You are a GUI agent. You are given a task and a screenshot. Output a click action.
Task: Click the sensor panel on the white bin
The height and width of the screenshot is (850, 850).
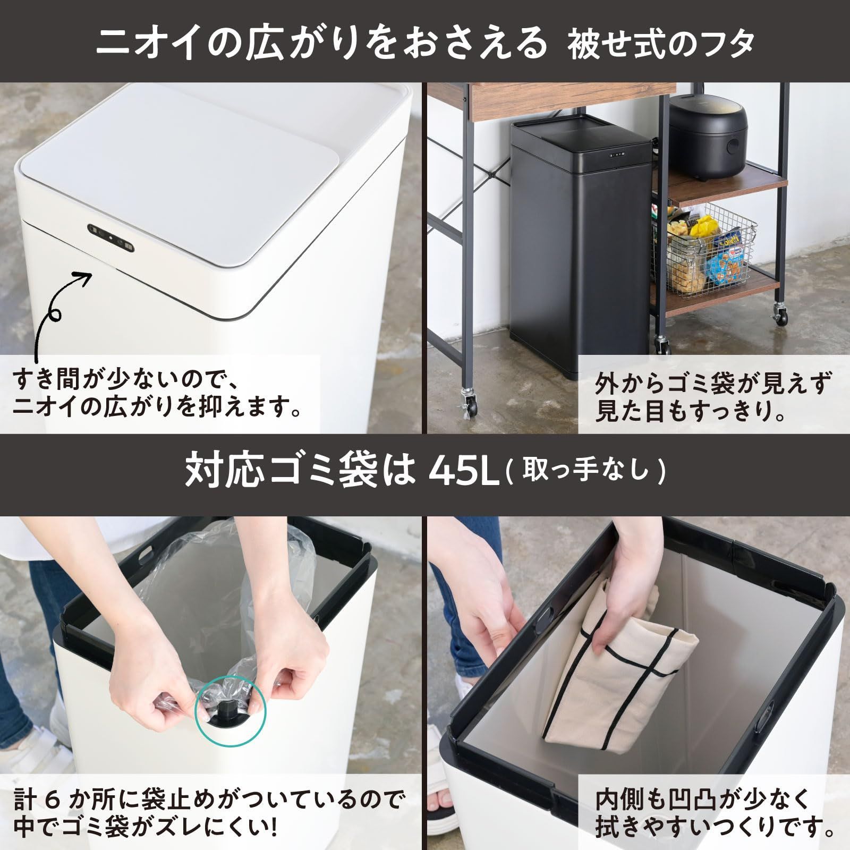[112, 239]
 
